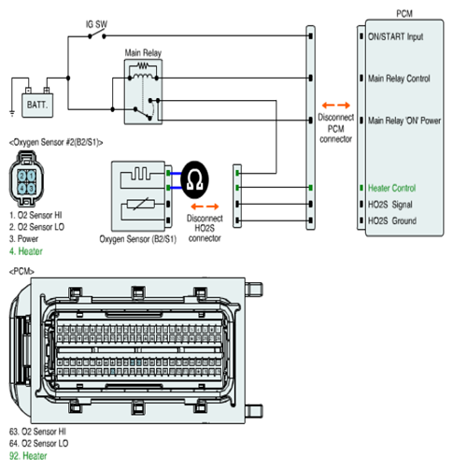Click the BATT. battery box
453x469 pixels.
coord(37,106)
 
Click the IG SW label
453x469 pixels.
coord(96,24)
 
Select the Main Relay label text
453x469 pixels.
coord(143,52)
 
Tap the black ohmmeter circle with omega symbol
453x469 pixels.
coord(194,180)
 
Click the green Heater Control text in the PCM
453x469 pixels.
coord(391,188)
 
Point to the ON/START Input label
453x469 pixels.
coord(395,36)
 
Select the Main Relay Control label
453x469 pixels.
coord(399,78)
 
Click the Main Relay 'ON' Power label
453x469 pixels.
coord(404,121)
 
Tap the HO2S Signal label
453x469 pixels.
coord(390,205)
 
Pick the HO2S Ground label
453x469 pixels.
coord(392,220)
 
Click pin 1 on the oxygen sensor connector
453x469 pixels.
coord(32,177)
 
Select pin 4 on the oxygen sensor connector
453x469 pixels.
coord(21,188)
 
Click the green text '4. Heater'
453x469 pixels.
coord(26,251)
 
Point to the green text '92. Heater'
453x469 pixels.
coord(28,456)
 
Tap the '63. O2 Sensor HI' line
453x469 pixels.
coord(37,432)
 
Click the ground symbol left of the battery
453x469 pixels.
coord(12,113)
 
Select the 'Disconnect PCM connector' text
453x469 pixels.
coord(335,128)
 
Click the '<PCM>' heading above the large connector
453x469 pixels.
coord(21,272)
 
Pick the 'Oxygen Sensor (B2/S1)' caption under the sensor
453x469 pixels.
coord(138,239)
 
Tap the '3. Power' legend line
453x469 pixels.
coord(23,239)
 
